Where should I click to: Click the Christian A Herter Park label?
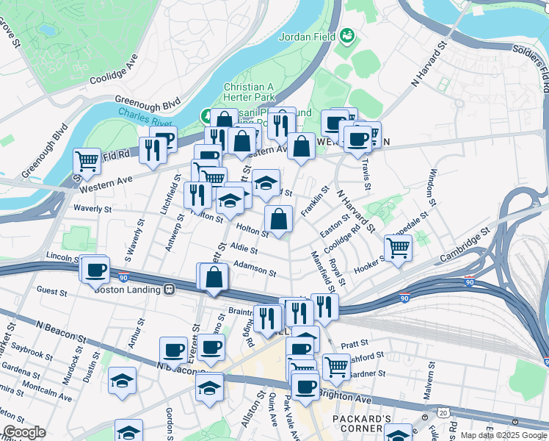point(255,93)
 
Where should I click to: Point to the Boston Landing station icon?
point(170,289)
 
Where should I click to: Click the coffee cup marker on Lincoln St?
point(95,269)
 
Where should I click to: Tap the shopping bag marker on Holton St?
point(279,218)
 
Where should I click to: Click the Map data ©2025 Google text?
point(504,435)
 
